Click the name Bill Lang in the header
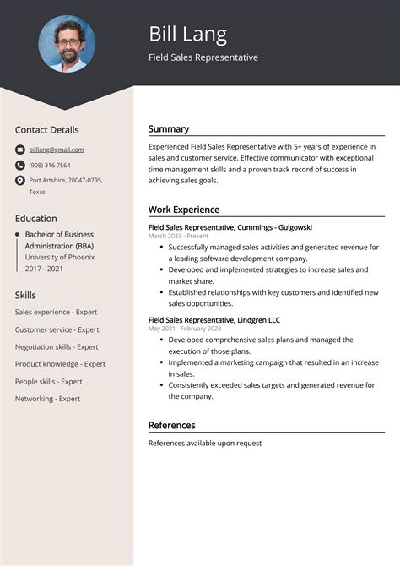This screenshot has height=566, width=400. tap(187, 34)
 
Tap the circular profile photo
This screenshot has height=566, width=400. tap(67, 43)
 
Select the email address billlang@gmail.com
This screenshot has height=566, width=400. tap(57, 150)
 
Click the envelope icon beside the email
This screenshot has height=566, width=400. tap(19, 150)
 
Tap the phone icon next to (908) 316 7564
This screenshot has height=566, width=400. tap(19, 166)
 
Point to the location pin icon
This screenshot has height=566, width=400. tap(19, 181)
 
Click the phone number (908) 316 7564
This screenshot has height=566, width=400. tap(50, 166)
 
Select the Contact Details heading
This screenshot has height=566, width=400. tap(46, 130)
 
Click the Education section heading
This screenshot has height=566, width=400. tap(36, 219)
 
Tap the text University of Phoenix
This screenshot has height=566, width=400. tap(59, 257)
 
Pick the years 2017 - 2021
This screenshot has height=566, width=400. tap(45, 269)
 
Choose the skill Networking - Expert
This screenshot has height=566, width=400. tap(47, 399)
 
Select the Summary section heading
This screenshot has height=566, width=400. tap(169, 129)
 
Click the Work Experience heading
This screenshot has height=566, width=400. tap(184, 210)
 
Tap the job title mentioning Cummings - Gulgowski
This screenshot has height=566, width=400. tap(230, 227)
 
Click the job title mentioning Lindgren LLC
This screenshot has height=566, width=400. tap(214, 320)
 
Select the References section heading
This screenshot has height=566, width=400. tap(171, 425)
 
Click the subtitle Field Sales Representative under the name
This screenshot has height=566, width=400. tap(203, 57)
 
